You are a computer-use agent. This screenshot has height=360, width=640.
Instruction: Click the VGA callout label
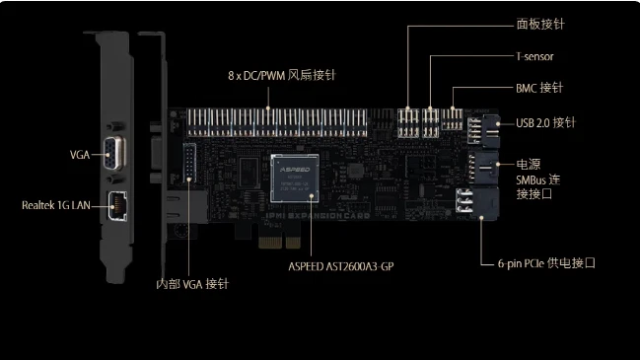[80, 155]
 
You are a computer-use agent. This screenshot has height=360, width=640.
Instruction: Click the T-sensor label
[534, 57]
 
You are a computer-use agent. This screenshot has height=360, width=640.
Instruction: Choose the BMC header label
[538, 88]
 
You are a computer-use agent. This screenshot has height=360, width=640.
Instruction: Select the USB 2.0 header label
[544, 123]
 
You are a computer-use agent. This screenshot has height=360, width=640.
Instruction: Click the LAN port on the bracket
[116, 206]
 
